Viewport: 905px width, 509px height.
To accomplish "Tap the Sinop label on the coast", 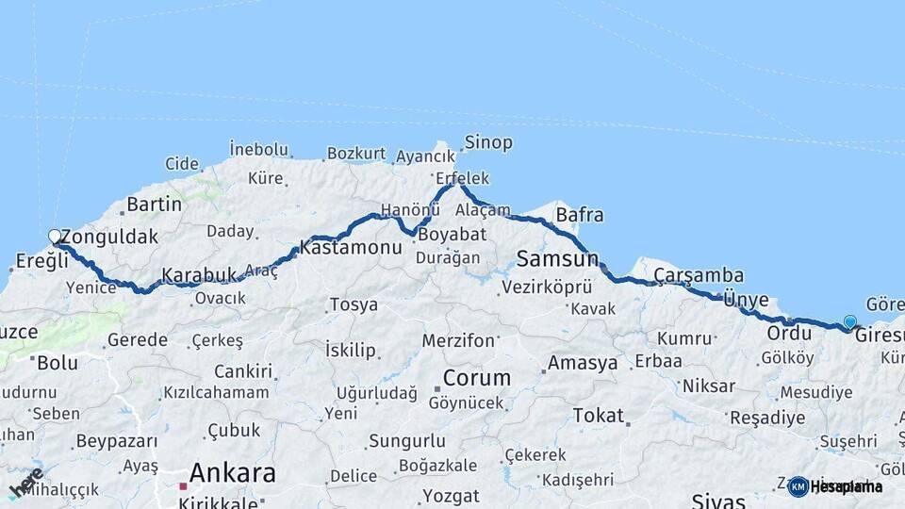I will pos(487,142).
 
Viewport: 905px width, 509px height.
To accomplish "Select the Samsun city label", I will pos(558,258).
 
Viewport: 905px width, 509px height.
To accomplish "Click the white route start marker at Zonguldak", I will pos(55,237).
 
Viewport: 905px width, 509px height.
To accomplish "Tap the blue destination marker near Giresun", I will pos(850,322).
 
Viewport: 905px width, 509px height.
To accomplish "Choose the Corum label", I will pos(477,378).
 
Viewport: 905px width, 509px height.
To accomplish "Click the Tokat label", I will pos(598,416).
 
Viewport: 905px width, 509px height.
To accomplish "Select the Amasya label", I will pos(583,363).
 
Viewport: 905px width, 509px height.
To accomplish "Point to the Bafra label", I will pos(580,215).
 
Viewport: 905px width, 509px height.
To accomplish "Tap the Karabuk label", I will pos(199,275).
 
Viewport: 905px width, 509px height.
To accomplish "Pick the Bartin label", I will pos(154,204).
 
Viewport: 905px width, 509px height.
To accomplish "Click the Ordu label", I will pos(789,333).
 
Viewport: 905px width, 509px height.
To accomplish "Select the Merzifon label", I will pos(458,340).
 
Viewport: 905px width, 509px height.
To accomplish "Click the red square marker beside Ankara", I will pos(183,486).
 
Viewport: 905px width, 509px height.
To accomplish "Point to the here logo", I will pos(25,483).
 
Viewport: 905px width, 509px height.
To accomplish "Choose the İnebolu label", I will pos(258,149).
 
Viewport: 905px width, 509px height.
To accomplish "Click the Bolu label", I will pos(57,362).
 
